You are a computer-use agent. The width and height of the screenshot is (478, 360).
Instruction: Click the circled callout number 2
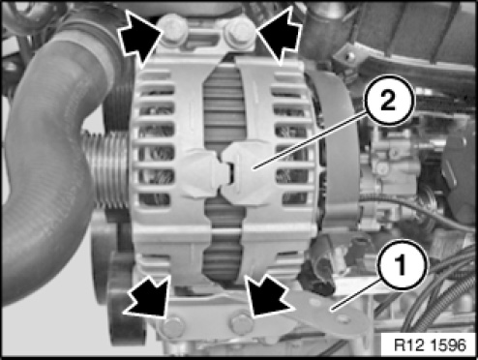pos(390,101)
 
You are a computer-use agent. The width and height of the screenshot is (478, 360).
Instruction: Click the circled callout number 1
pos(401,264)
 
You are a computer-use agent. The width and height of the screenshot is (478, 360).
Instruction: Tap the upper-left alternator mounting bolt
pos(173,30)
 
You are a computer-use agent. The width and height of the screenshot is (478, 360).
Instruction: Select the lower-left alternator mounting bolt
pos(172,327)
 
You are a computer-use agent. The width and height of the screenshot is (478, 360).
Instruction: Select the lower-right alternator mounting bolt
pos(241,323)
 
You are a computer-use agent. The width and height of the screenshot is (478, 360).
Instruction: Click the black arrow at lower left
pos(147,297)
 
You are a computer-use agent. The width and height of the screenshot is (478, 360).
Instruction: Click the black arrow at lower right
pos(269,296)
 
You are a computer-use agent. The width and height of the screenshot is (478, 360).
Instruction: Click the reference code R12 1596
pos(431,345)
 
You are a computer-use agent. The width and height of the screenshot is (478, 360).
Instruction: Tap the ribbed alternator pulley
pos(106,169)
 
